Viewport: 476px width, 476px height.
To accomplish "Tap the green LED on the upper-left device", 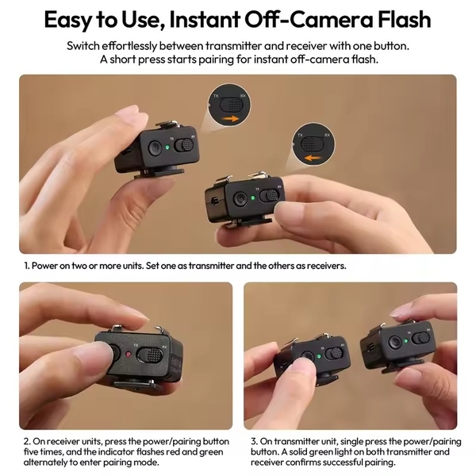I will point(170,147).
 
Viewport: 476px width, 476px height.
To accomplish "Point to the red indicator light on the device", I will point(125,351).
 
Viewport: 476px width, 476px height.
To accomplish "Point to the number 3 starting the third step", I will point(251,440).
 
